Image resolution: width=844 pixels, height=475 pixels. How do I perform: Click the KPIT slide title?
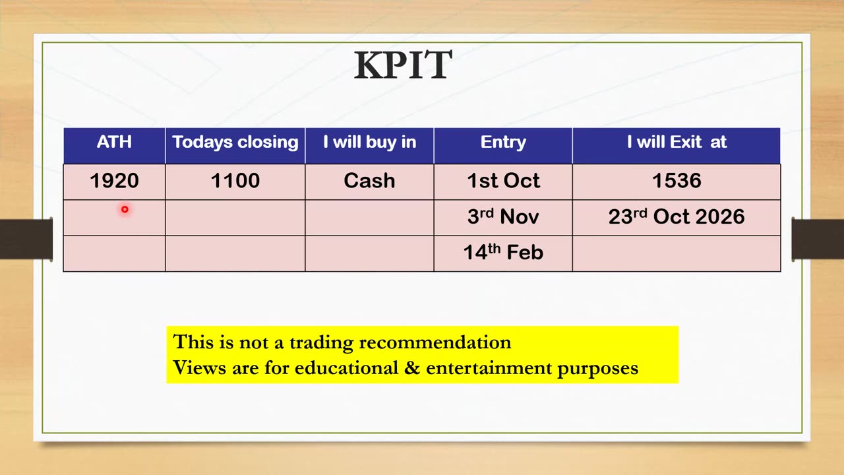pos(403,65)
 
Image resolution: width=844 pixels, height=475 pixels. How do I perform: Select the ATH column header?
pos(114,142)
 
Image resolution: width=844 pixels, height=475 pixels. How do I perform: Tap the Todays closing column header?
pos(235,142)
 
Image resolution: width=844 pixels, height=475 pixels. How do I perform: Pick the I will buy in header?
pos(370,142)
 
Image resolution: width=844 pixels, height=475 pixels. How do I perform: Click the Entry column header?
pos(503,142)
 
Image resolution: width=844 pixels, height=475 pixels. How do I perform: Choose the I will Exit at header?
pos(677,142)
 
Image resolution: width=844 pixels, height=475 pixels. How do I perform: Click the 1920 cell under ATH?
pos(114,181)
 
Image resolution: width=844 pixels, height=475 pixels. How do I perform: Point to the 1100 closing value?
pos(235,181)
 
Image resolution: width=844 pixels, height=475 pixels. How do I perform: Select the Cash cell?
pos(369,181)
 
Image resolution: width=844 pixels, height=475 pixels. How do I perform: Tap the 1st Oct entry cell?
pos(503,181)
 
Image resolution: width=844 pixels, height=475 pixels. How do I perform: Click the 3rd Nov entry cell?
pos(503,216)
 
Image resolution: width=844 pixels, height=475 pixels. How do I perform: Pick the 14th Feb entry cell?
pos(503,252)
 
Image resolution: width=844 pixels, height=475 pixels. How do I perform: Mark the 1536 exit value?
pos(677,181)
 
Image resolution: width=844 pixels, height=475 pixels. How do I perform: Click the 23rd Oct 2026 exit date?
pos(677,216)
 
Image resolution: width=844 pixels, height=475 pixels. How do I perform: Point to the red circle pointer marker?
pos(125,209)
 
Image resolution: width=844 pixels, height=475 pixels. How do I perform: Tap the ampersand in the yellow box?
pos(412,367)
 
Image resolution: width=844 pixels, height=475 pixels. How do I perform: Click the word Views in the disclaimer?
pos(199,367)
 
